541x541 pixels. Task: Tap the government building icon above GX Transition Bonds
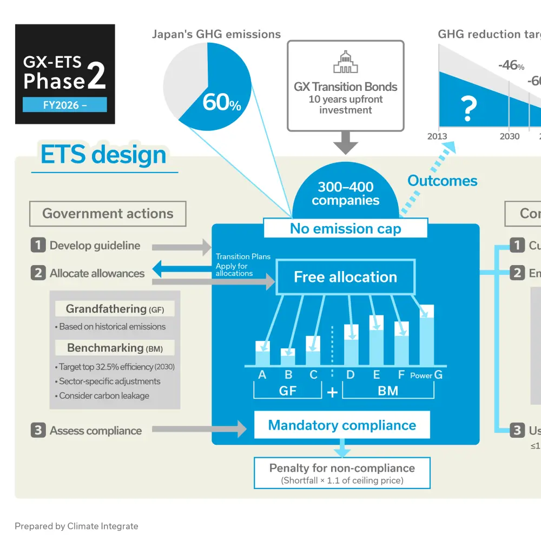point(345,62)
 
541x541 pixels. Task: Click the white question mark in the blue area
point(469,109)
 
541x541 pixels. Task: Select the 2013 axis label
point(437,136)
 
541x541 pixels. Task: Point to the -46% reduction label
point(511,65)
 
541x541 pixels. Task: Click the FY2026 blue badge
point(64,105)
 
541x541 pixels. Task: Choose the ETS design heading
point(103,155)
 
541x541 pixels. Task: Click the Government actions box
point(108,214)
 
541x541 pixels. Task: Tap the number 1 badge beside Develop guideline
point(38,245)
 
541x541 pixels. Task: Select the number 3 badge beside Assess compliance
point(38,431)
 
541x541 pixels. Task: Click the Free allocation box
point(345,277)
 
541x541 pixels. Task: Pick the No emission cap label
point(345,228)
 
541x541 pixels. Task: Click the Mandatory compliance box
point(342,425)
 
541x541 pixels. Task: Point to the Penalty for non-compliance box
point(342,473)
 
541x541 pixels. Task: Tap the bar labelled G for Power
point(427,335)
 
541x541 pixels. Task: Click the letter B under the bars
point(288,374)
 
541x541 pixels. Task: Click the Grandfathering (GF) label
point(114,309)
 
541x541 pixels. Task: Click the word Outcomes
point(443,181)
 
